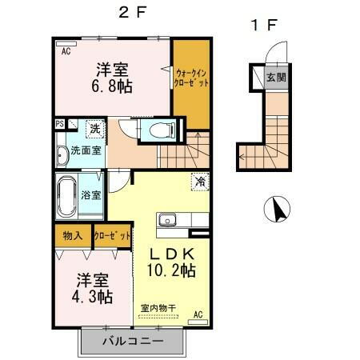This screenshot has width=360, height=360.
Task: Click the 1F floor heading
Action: [264, 25]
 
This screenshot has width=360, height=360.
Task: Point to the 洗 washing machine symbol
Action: [94, 128]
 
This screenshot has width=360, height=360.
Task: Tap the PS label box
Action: [60, 124]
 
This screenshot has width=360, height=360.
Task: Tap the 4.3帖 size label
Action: [94, 296]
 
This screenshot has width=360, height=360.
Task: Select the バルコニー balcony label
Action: [133, 342]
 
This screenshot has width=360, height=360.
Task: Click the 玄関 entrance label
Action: [276, 78]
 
